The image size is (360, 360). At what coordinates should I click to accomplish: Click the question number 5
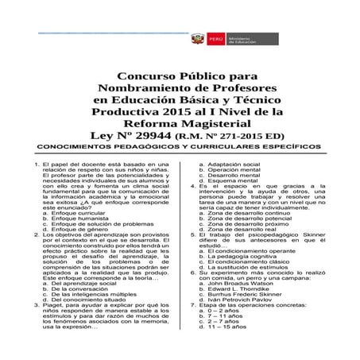(183, 236)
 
